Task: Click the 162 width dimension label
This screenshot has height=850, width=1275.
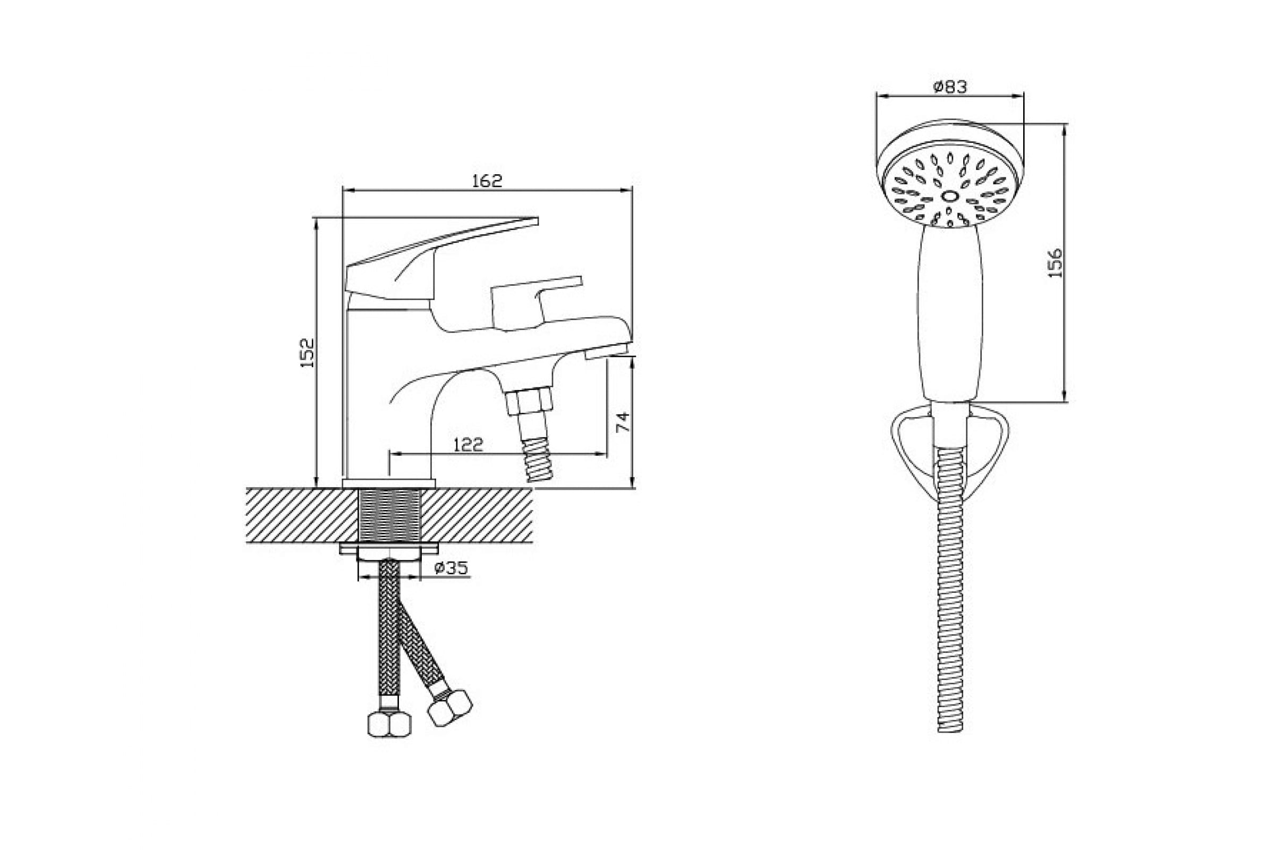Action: coord(486,181)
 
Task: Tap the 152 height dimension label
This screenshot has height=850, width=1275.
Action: coord(308,352)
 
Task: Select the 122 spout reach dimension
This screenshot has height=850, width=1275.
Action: coord(468,445)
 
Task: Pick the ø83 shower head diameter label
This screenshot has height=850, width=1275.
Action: coord(950,87)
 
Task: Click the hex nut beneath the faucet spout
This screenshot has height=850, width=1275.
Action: coord(529,400)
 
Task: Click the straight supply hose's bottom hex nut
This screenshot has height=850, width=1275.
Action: coord(389,724)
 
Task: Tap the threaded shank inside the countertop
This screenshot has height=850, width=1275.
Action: coord(390,515)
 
